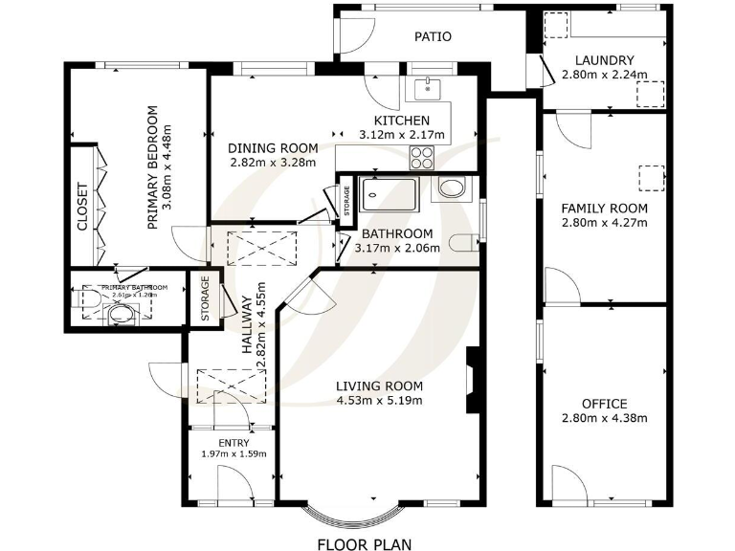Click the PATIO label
tap(433, 37)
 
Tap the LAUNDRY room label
tap(605, 60)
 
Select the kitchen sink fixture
tap(426, 90)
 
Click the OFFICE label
tap(604, 404)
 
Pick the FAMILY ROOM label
tap(604, 209)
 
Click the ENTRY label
tap(234, 443)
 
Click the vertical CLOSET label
tap(82, 208)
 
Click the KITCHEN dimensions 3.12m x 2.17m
tap(401, 135)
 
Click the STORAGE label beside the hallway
tap(204, 298)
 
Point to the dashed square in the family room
tap(651, 178)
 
